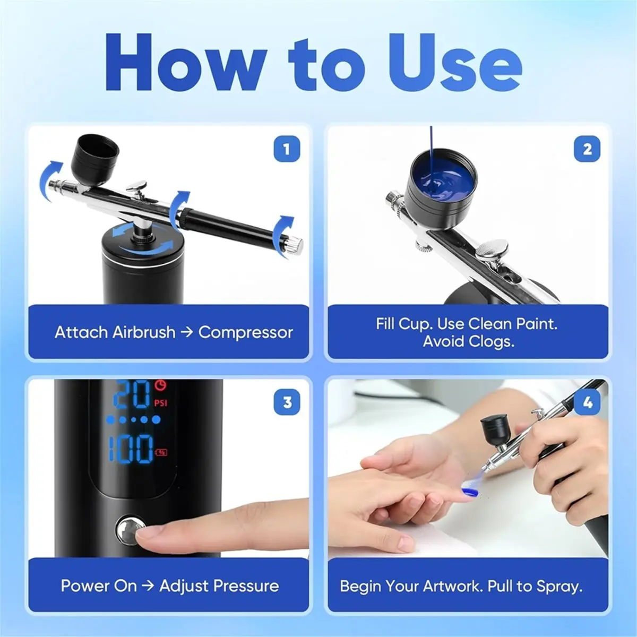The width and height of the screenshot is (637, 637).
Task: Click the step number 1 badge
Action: coord(287,149)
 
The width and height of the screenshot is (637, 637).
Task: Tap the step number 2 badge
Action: coord(587,149)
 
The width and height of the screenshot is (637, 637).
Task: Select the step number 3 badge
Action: coord(287,402)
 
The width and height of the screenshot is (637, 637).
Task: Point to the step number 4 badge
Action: coord(587,402)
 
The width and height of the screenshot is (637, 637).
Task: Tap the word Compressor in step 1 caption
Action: coord(245,333)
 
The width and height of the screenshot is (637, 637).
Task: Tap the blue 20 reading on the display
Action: coord(132,394)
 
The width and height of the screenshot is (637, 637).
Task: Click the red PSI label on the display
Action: coord(160,403)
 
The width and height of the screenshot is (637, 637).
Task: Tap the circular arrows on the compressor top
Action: coord(145,239)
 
